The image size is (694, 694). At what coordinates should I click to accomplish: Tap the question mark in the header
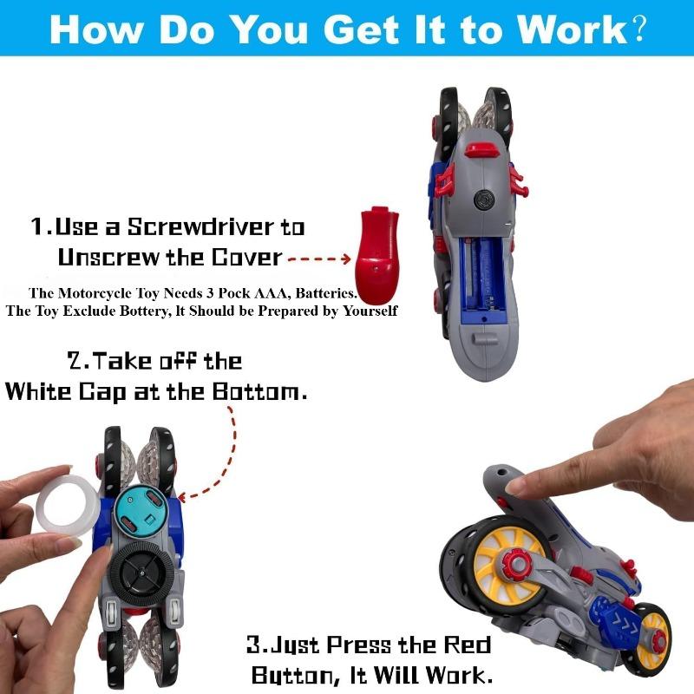point(638,29)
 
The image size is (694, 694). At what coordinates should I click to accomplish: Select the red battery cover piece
point(376,249)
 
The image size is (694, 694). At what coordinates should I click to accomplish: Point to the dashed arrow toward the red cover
point(319,259)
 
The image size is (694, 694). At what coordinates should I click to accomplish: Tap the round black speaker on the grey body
point(484,200)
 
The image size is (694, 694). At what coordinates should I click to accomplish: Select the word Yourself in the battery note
point(370,311)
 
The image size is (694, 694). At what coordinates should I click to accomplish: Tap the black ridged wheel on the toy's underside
point(141,575)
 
